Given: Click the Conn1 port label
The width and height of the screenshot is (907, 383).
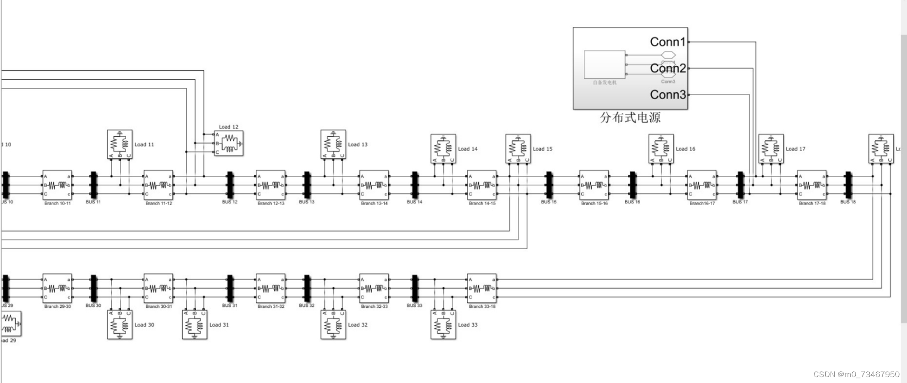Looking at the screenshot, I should (x=667, y=42).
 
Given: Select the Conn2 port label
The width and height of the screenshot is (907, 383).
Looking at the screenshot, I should (x=667, y=68).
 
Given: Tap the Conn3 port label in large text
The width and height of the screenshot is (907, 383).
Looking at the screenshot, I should (x=667, y=94).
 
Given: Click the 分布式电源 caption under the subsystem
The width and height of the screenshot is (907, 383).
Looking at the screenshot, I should (x=630, y=118).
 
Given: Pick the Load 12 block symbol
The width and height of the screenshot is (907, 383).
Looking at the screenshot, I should (x=228, y=144).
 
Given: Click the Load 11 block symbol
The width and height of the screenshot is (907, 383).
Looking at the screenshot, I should (x=120, y=144).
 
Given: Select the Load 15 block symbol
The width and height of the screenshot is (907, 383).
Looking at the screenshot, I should (x=518, y=149).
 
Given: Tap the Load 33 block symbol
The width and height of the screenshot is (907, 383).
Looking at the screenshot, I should (x=443, y=324).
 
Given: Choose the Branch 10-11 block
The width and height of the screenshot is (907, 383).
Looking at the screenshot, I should (x=58, y=185).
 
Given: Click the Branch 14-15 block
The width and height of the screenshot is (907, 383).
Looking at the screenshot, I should (x=482, y=185).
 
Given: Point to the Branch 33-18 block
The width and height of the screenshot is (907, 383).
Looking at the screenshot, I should (x=482, y=288).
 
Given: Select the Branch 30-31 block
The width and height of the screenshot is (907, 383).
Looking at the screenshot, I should (x=158, y=288).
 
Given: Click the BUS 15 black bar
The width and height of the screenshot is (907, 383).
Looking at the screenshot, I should (x=549, y=185).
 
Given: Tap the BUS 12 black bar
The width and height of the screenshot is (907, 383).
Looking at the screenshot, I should (x=230, y=185).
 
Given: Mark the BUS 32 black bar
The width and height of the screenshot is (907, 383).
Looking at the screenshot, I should (x=307, y=288).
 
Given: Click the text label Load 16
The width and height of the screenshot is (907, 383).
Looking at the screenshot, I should (x=686, y=149).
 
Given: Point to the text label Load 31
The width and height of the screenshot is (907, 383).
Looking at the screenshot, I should (x=219, y=325).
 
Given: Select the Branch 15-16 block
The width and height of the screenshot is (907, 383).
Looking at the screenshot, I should (x=595, y=185).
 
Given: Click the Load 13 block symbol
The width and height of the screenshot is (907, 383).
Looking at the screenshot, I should (x=333, y=144).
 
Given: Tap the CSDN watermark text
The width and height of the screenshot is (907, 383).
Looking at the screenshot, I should (x=856, y=374).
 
